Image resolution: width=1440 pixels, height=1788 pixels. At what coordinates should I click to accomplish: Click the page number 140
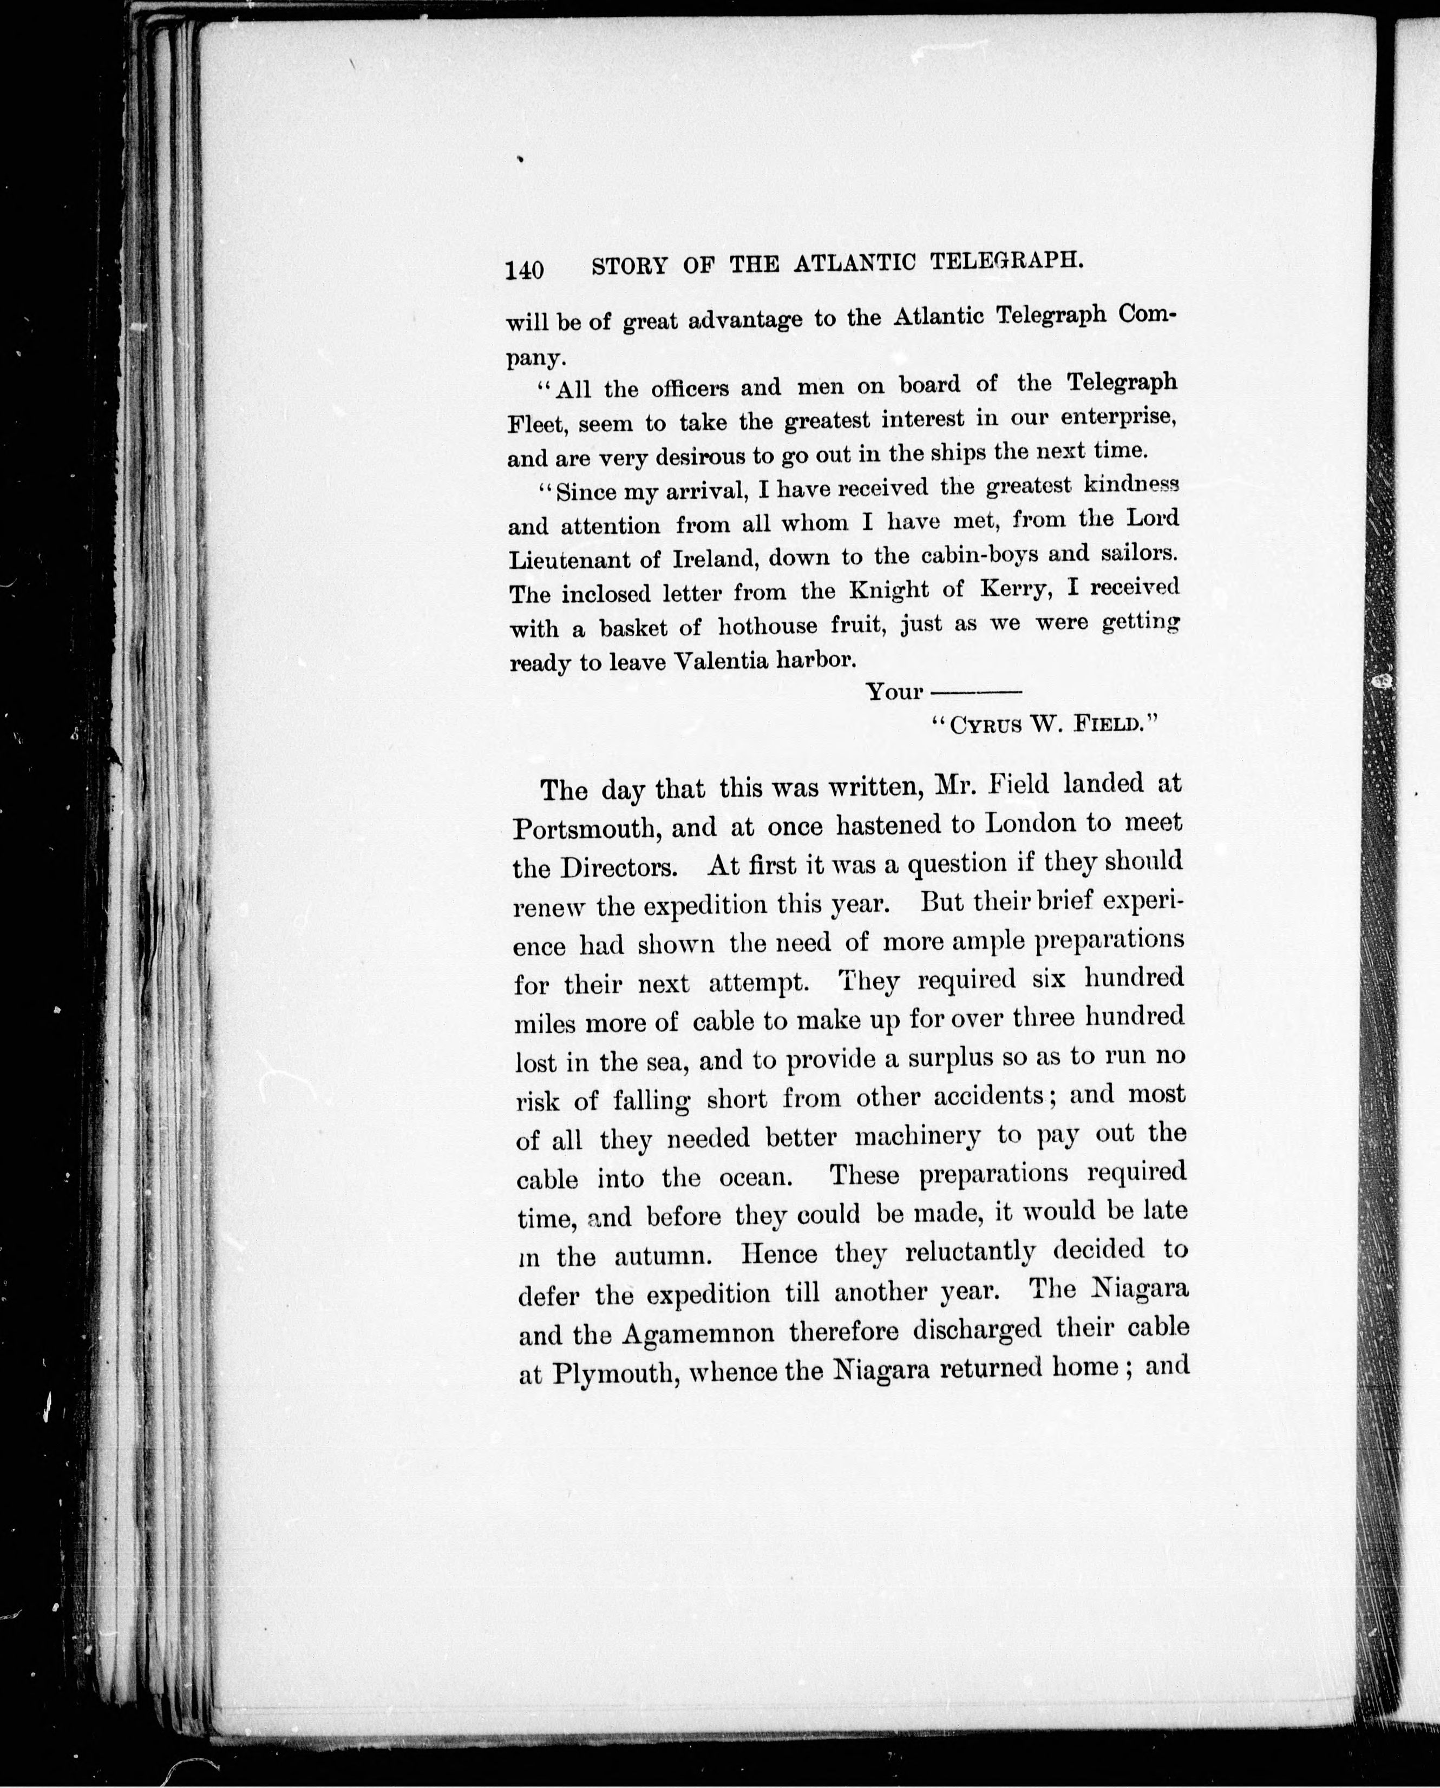[x=524, y=271]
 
